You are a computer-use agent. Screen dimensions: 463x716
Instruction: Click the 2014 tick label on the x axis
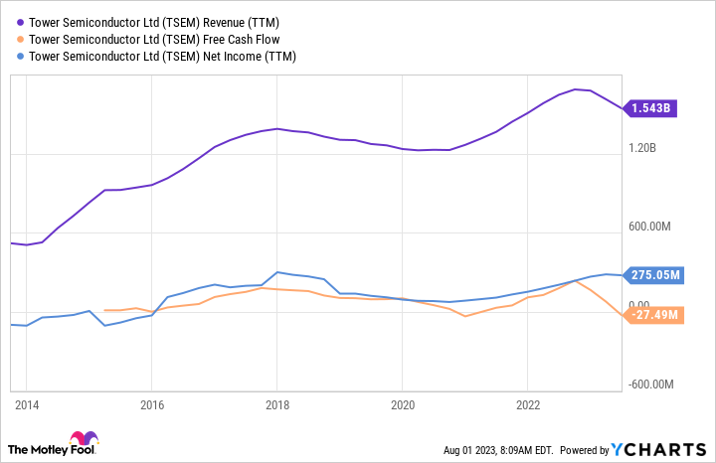(26, 404)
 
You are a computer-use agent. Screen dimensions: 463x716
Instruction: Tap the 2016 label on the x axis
(151, 404)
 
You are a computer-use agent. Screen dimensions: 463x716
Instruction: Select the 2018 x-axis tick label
(277, 404)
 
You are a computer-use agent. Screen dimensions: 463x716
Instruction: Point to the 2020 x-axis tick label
(403, 404)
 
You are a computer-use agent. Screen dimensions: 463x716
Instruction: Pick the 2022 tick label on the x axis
(528, 404)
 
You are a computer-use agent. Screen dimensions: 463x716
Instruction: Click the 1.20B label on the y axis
(642, 148)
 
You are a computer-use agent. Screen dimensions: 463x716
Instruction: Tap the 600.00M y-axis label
(651, 227)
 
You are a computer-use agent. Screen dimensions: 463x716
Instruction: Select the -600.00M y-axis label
(654, 385)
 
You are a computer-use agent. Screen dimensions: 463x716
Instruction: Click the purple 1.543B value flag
(652, 107)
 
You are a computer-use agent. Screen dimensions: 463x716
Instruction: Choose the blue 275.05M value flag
(654, 275)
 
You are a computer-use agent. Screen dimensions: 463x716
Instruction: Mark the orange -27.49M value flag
(654, 315)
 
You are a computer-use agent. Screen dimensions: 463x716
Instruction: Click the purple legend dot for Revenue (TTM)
(20, 22)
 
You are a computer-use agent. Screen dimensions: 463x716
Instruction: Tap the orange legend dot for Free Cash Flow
(20, 39)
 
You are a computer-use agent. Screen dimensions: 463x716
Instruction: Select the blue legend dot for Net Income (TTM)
(20, 57)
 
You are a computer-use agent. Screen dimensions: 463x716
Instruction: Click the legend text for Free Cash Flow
(153, 39)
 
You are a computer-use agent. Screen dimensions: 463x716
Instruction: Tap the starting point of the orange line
(104, 310)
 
